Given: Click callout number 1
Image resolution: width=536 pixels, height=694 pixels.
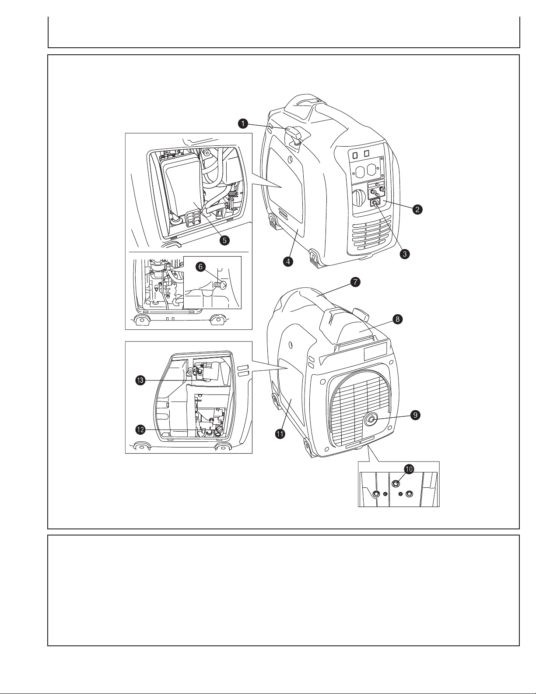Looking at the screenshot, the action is click(243, 123).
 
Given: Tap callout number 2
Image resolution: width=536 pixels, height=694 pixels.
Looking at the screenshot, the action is click(417, 209).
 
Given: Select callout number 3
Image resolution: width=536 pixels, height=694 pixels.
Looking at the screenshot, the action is click(405, 254).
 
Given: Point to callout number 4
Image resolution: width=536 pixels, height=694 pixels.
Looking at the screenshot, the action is click(288, 261).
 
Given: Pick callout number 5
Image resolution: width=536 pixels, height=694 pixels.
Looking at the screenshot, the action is click(225, 240).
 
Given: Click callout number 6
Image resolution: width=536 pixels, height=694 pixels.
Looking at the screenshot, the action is click(200, 267).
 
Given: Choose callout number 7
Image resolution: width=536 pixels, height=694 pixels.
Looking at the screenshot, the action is click(355, 282).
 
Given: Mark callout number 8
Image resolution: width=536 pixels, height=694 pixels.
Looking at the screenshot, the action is click(398, 319).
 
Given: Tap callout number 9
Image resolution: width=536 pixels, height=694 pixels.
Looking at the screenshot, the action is click(415, 415).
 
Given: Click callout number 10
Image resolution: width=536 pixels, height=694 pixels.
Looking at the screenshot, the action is click(409, 469).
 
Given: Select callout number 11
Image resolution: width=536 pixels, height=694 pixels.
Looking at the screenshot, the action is click(280, 434).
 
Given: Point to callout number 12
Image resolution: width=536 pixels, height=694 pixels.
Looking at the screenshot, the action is click(140, 430).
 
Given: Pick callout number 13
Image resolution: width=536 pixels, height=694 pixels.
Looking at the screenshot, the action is click(140, 380).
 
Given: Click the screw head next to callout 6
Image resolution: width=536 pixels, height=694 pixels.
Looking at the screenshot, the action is click(221, 284).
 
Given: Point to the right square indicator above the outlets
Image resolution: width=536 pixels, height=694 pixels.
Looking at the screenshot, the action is click(367, 154).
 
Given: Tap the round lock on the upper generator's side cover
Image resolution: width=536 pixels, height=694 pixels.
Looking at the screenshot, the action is click(291, 159).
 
